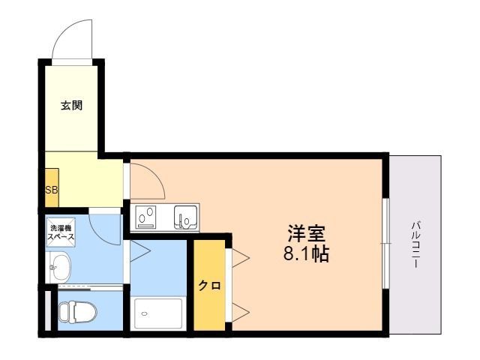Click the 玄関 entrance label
pyautogui.click(x=71, y=106)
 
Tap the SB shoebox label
pyautogui.click(x=51, y=190)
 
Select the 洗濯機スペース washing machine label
pyautogui.click(x=61, y=232)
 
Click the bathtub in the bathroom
pyautogui.click(x=157, y=313)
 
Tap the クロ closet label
pyautogui.click(x=209, y=285)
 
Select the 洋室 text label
pyautogui.click(x=307, y=232)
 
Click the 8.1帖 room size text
pyautogui.click(x=306, y=253)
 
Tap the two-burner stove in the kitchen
pyautogui.click(x=147, y=217)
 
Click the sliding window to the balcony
pyautogui.click(x=385, y=243)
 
